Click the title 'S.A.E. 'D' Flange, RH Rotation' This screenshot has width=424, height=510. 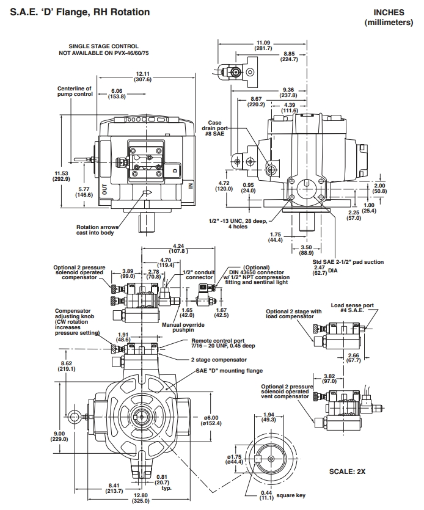pos(80,12)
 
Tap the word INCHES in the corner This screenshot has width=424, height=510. pos(389,12)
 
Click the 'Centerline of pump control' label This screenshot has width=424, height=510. pos(75,92)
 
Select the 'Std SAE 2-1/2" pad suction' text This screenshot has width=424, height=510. pos(348,261)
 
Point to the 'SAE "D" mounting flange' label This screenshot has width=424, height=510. pos(229,371)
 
